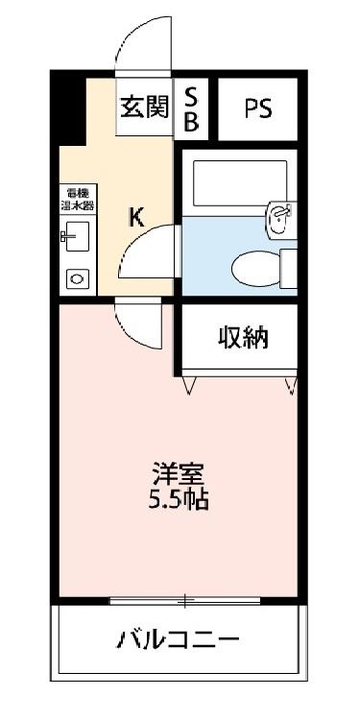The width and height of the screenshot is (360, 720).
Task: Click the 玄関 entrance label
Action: click(x=143, y=107)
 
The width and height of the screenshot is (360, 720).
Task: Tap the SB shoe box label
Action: click(x=191, y=108)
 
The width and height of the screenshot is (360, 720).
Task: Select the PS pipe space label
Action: click(x=256, y=108)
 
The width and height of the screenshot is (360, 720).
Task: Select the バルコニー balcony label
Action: click(x=178, y=639)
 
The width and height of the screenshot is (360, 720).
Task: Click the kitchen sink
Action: click(x=75, y=236)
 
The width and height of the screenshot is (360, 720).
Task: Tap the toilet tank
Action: click(x=288, y=265)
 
